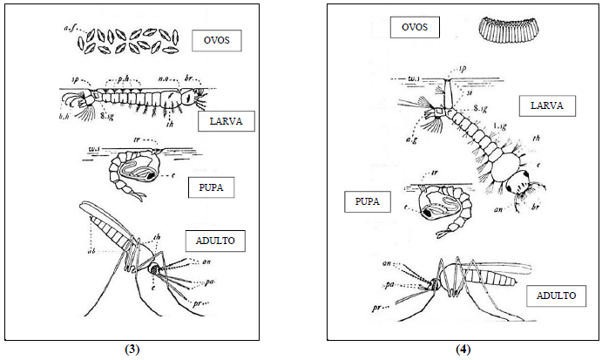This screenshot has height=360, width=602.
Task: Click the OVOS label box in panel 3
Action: pyautogui.click(x=217, y=40)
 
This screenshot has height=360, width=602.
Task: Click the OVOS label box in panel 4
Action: pyautogui.click(x=415, y=27)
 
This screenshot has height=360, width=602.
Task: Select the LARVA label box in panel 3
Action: pyautogui.click(x=226, y=120)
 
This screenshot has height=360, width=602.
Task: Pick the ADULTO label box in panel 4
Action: pyautogui.click(x=551, y=295)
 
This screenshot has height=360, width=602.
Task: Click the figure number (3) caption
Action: pyautogui.click(x=132, y=350)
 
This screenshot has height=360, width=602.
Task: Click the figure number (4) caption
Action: pyautogui.click(x=463, y=350)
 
